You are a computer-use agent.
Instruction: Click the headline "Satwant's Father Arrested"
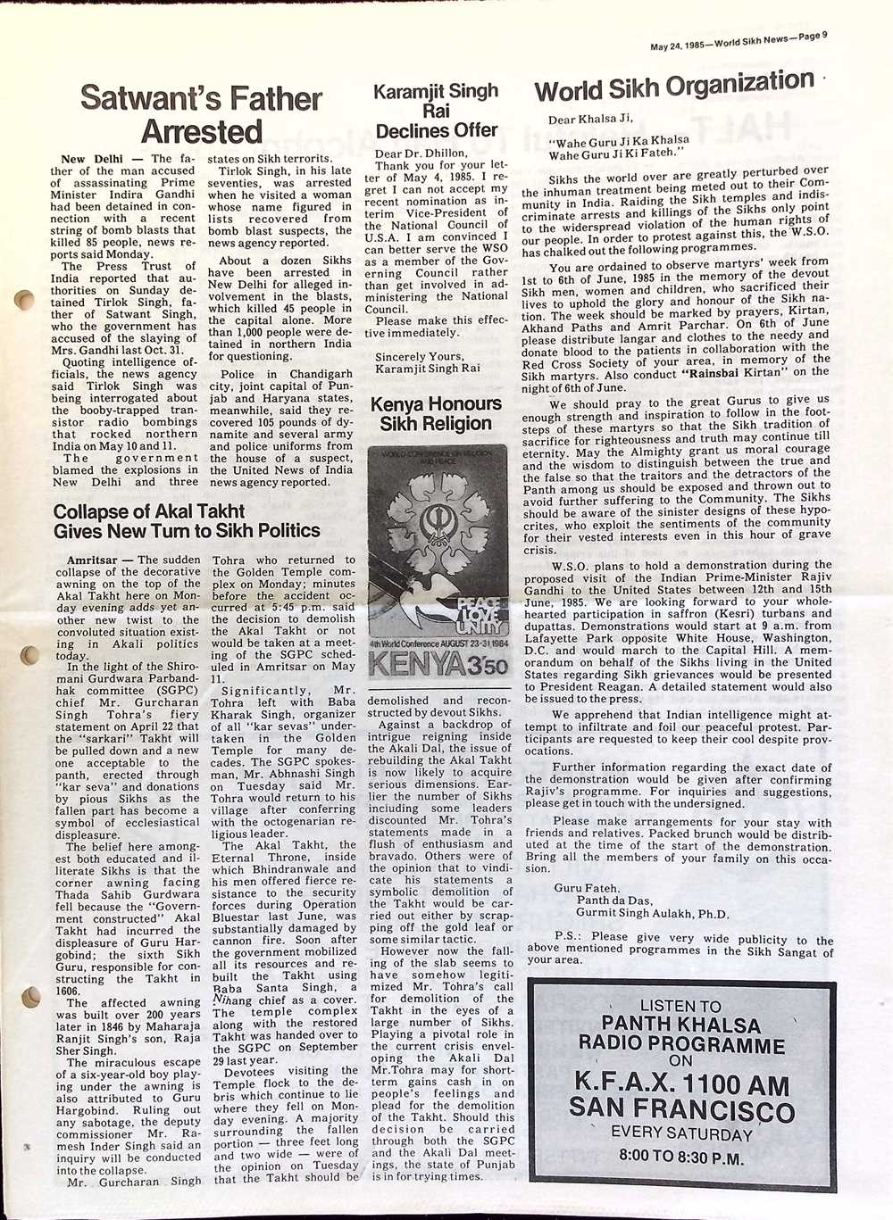click(x=201, y=114)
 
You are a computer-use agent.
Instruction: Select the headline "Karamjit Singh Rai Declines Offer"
click(x=436, y=111)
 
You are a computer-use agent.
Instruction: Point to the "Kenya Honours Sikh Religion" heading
click(x=436, y=413)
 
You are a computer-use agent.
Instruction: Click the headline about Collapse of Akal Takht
click(x=187, y=521)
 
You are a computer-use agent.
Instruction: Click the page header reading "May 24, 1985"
click(x=676, y=45)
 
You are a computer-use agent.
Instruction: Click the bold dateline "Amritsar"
click(x=95, y=560)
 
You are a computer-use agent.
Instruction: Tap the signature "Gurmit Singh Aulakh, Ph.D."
click(x=654, y=914)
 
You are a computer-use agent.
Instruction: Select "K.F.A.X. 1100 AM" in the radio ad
click(x=681, y=1084)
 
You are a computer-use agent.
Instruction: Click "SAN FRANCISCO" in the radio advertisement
click(x=681, y=1110)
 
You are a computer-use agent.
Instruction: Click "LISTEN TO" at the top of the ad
click(x=681, y=1006)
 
